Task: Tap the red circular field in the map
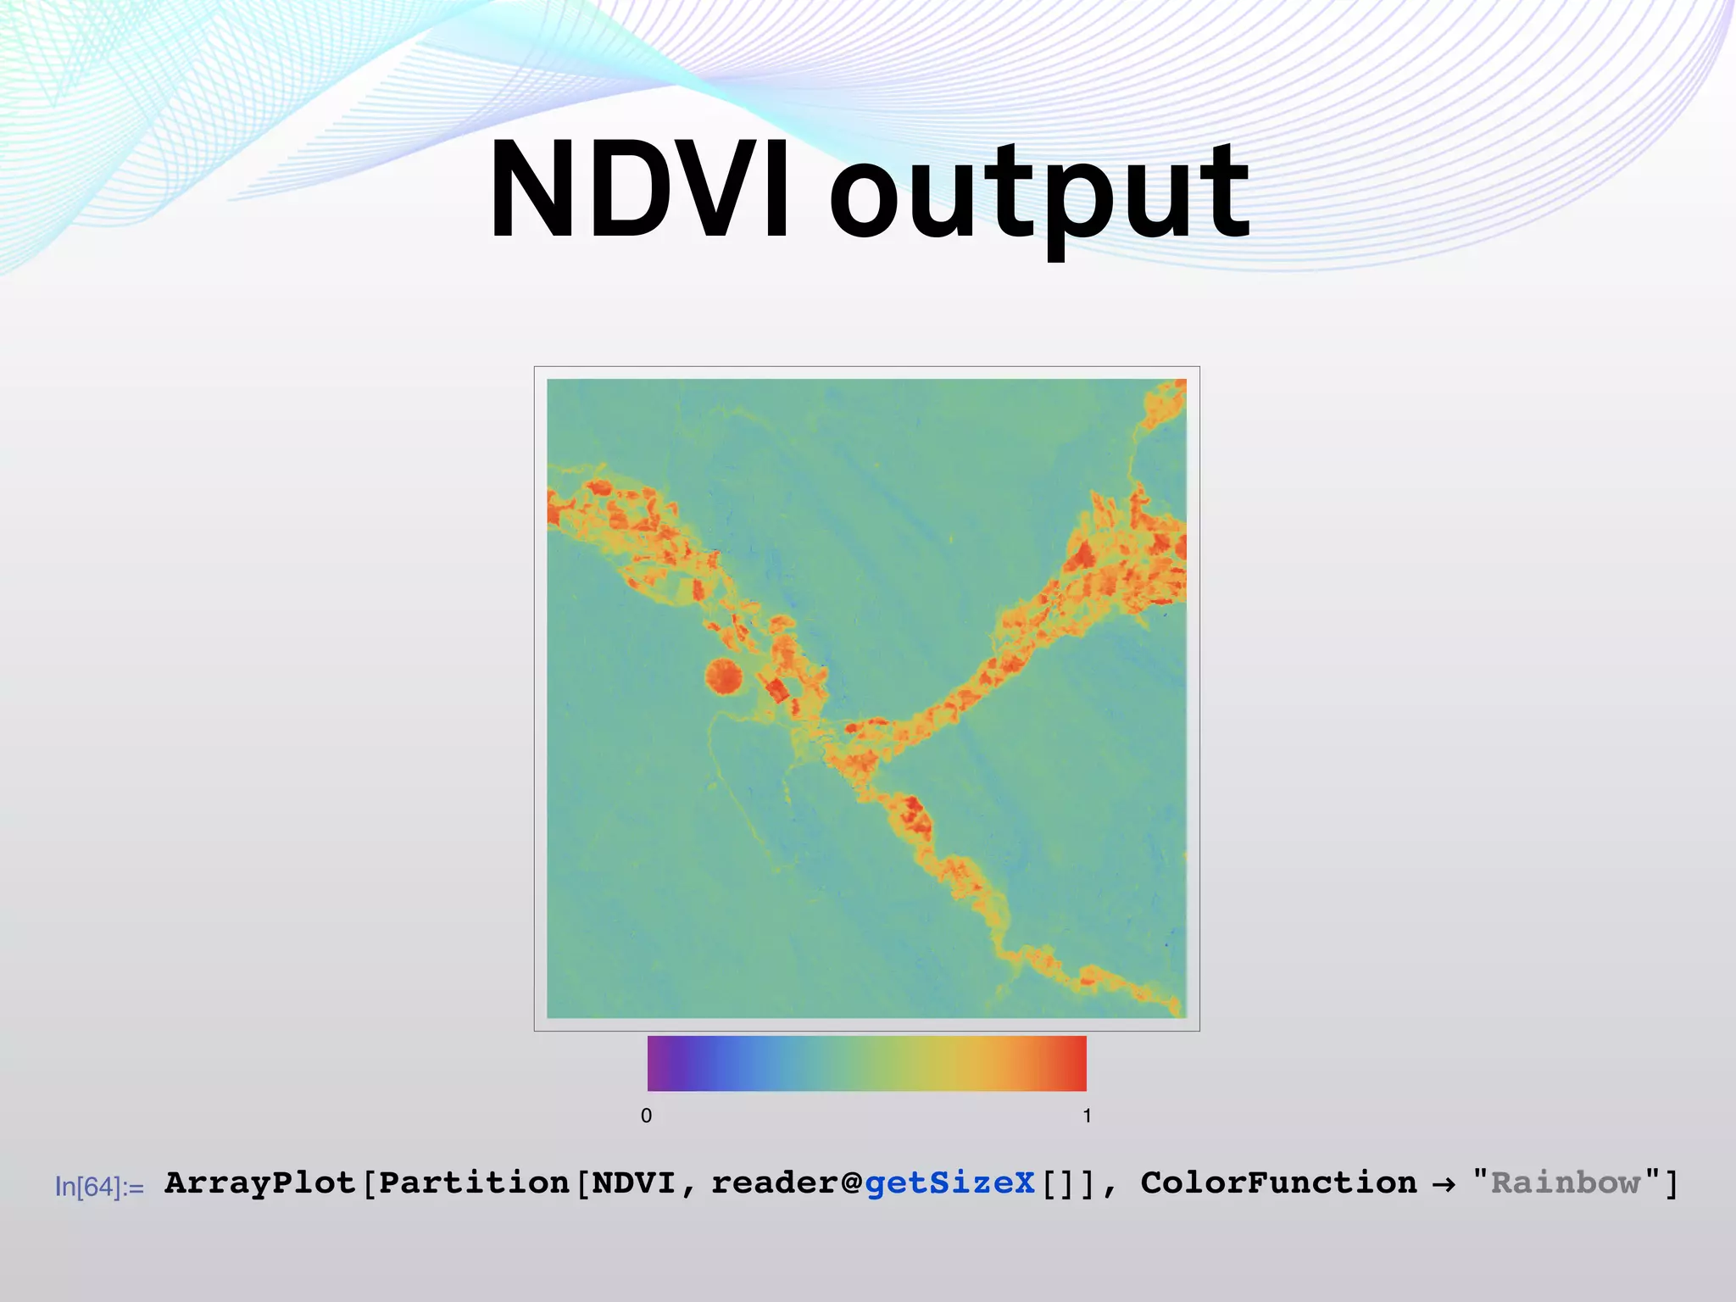click(x=724, y=676)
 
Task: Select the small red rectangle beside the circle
click(x=776, y=690)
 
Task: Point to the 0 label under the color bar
click(x=646, y=1116)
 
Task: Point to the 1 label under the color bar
click(x=1087, y=1116)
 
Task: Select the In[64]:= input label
click(x=99, y=1187)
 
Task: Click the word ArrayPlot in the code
click(x=260, y=1182)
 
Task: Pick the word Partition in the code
click(x=474, y=1182)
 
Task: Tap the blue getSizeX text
click(x=949, y=1182)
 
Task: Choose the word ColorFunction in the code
click(x=1278, y=1182)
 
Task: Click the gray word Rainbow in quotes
click(x=1566, y=1182)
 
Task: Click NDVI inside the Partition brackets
click(x=633, y=1182)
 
